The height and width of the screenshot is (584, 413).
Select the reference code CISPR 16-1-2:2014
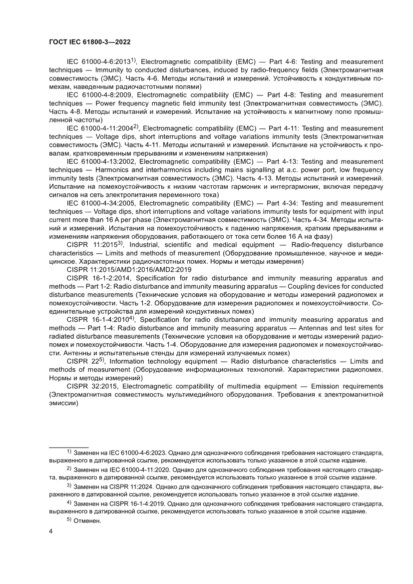pos(98,278)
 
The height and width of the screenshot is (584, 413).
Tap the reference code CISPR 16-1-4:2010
pos(98,319)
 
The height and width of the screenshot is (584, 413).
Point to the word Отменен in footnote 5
pos(87,521)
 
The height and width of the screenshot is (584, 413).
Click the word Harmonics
pos(112,170)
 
